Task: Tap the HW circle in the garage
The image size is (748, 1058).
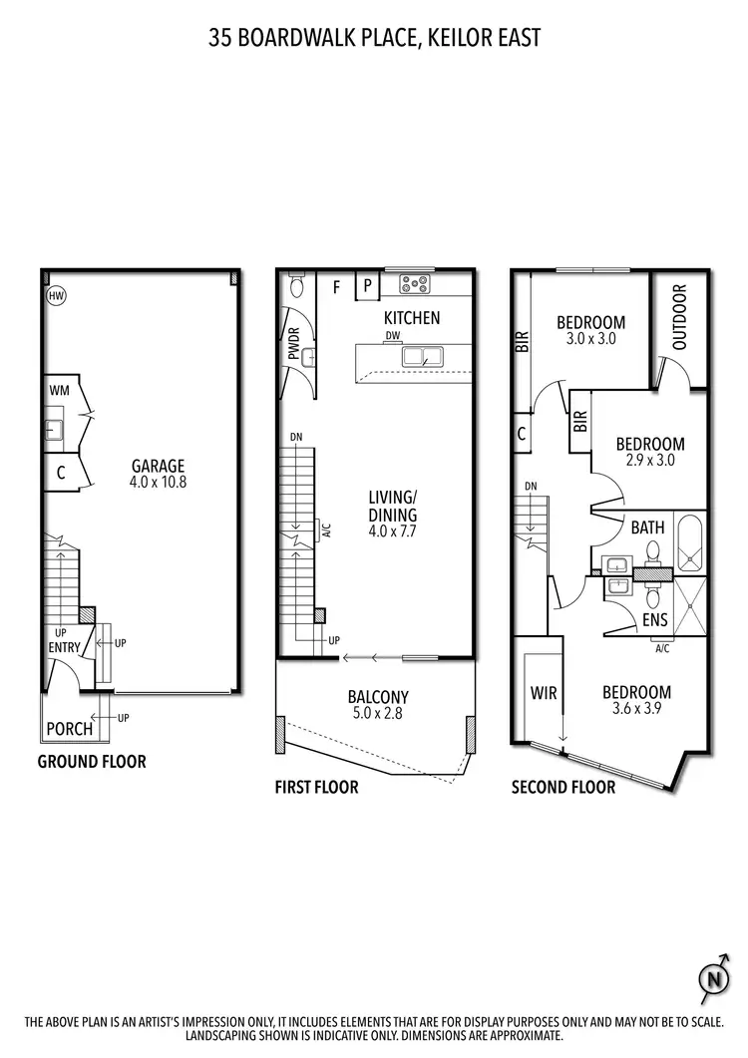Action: pyautogui.click(x=55, y=296)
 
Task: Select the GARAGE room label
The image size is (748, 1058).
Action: pyautogui.click(x=158, y=465)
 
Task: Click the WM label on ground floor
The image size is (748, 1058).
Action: pyautogui.click(x=58, y=390)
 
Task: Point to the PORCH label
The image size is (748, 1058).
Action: pyautogui.click(x=70, y=729)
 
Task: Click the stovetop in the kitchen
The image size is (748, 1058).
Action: pyautogui.click(x=414, y=284)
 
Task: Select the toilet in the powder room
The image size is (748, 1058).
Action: pyautogui.click(x=295, y=286)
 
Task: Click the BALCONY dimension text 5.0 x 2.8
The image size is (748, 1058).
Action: pyautogui.click(x=378, y=715)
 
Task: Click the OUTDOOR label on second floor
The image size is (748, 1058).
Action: pyautogui.click(x=680, y=317)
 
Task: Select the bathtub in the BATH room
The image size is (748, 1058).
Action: pyautogui.click(x=690, y=542)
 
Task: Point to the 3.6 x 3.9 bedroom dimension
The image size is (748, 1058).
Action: pyautogui.click(x=635, y=710)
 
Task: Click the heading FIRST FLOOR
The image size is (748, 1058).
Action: pyautogui.click(x=316, y=787)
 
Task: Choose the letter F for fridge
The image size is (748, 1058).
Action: pyautogui.click(x=336, y=286)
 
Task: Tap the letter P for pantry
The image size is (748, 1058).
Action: pyautogui.click(x=366, y=285)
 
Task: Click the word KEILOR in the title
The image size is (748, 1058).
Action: pyautogui.click(x=438, y=39)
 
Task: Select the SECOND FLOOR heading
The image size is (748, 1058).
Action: pyautogui.click(x=563, y=787)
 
